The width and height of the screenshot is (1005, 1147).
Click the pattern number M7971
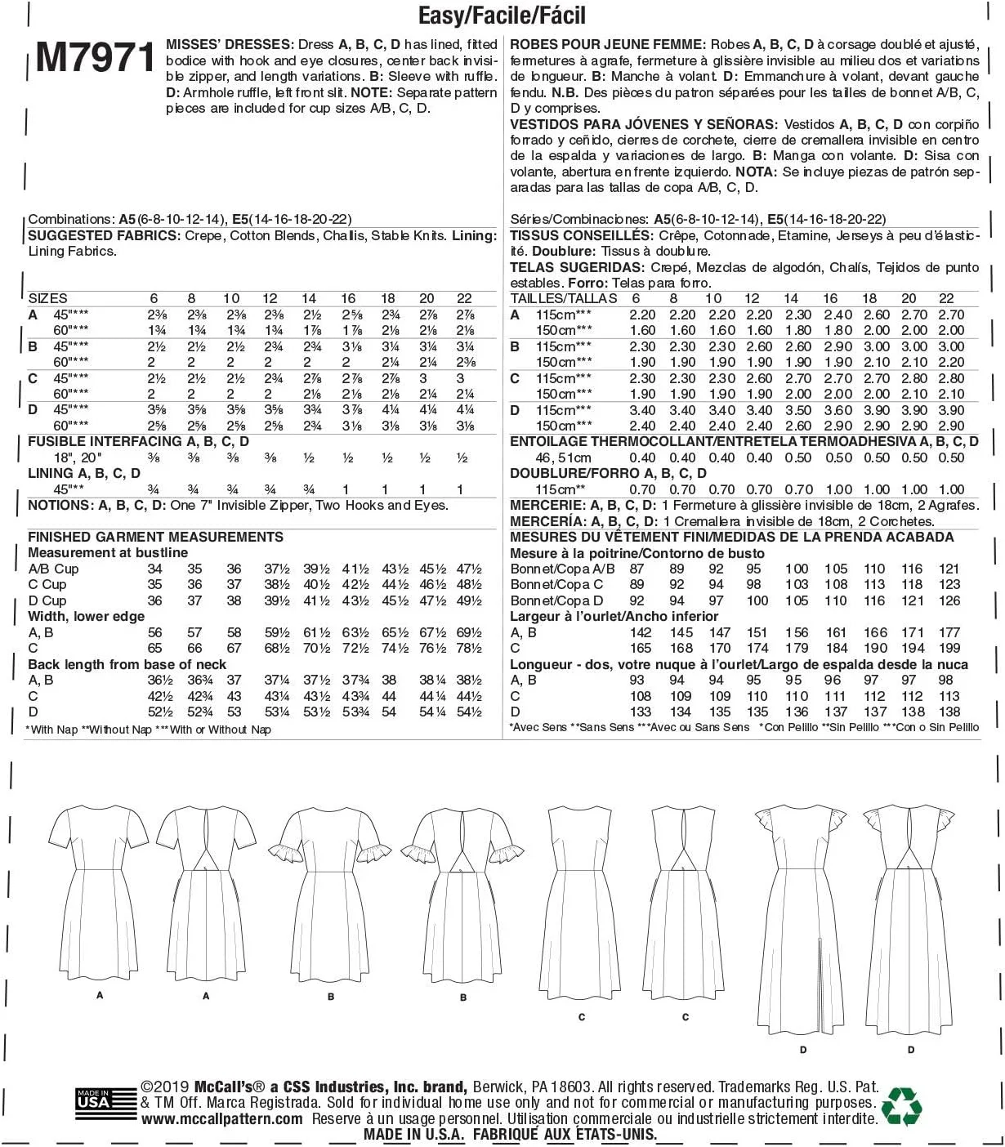coord(96,57)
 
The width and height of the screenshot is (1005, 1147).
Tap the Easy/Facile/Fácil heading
coord(502,15)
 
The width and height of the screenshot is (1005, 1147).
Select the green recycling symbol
coord(902,1106)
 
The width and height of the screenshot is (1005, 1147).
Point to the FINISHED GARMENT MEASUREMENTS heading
coord(155,537)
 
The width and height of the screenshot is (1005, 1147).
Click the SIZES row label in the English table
coord(47,298)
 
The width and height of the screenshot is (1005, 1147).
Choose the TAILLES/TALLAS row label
coord(564,298)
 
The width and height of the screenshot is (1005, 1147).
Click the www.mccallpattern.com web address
coord(221,1119)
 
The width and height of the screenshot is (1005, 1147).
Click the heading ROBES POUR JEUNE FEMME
coord(606,44)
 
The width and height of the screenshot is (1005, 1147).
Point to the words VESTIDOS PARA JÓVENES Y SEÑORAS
coord(643,124)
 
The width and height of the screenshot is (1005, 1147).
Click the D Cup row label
coord(47,600)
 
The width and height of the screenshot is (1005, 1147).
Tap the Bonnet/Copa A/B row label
coord(562,569)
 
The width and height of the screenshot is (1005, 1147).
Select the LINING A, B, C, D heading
coord(84,473)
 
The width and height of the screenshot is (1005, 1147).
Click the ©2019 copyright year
coord(166,1087)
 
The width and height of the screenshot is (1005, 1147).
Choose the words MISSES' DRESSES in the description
coord(229,44)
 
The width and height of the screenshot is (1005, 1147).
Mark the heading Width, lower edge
coord(86,616)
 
